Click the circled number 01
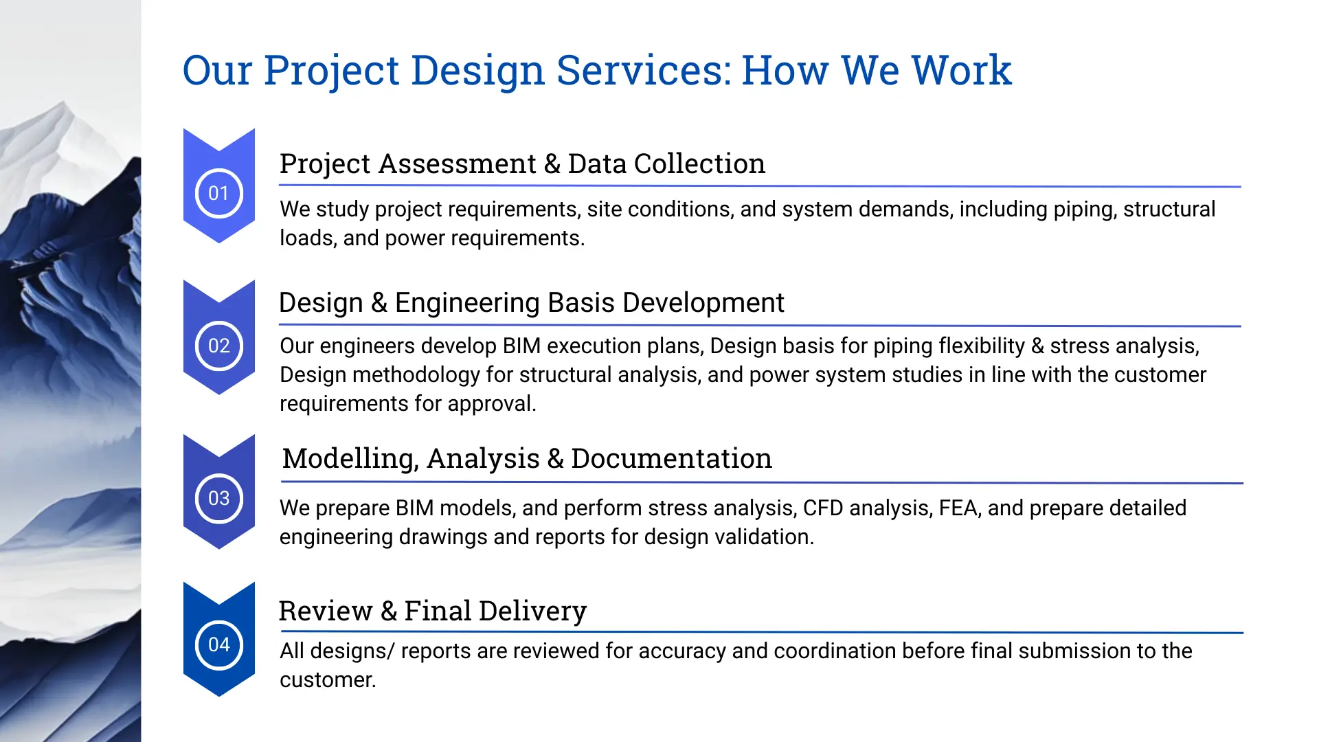(218, 193)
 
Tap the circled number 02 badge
(218, 346)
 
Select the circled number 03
(218, 498)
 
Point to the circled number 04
(218, 644)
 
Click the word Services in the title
(644, 70)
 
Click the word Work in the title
(961, 70)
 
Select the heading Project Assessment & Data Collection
(522, 164)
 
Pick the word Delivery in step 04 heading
(532, 611)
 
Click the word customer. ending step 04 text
(328, 680)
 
